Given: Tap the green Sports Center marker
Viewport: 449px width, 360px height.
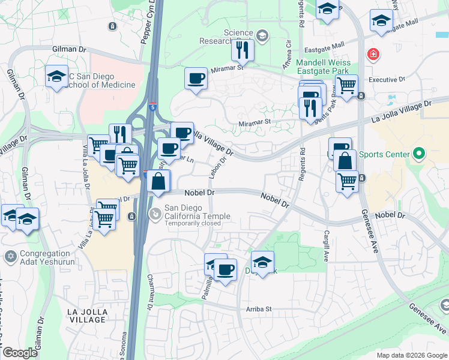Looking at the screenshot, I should point(418,155).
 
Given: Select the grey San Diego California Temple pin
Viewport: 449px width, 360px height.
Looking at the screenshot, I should point(155,212).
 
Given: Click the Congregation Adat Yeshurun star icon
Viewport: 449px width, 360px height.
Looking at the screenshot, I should point(10,257).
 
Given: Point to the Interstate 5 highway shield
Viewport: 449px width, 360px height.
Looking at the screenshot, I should point(153,106).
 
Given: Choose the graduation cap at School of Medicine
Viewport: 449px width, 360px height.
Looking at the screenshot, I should point(56,77).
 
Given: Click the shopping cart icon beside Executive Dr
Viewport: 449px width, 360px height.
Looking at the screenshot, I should point(346,86).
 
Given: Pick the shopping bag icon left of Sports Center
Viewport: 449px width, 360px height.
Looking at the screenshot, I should point(345,160).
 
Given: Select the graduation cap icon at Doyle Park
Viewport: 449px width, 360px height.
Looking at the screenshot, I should point(262,262).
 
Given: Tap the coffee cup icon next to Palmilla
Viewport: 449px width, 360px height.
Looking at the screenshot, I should point(225,270).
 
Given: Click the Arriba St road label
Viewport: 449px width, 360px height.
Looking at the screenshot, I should point(259,309).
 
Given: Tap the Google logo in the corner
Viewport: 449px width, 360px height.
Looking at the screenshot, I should point(20,353).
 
